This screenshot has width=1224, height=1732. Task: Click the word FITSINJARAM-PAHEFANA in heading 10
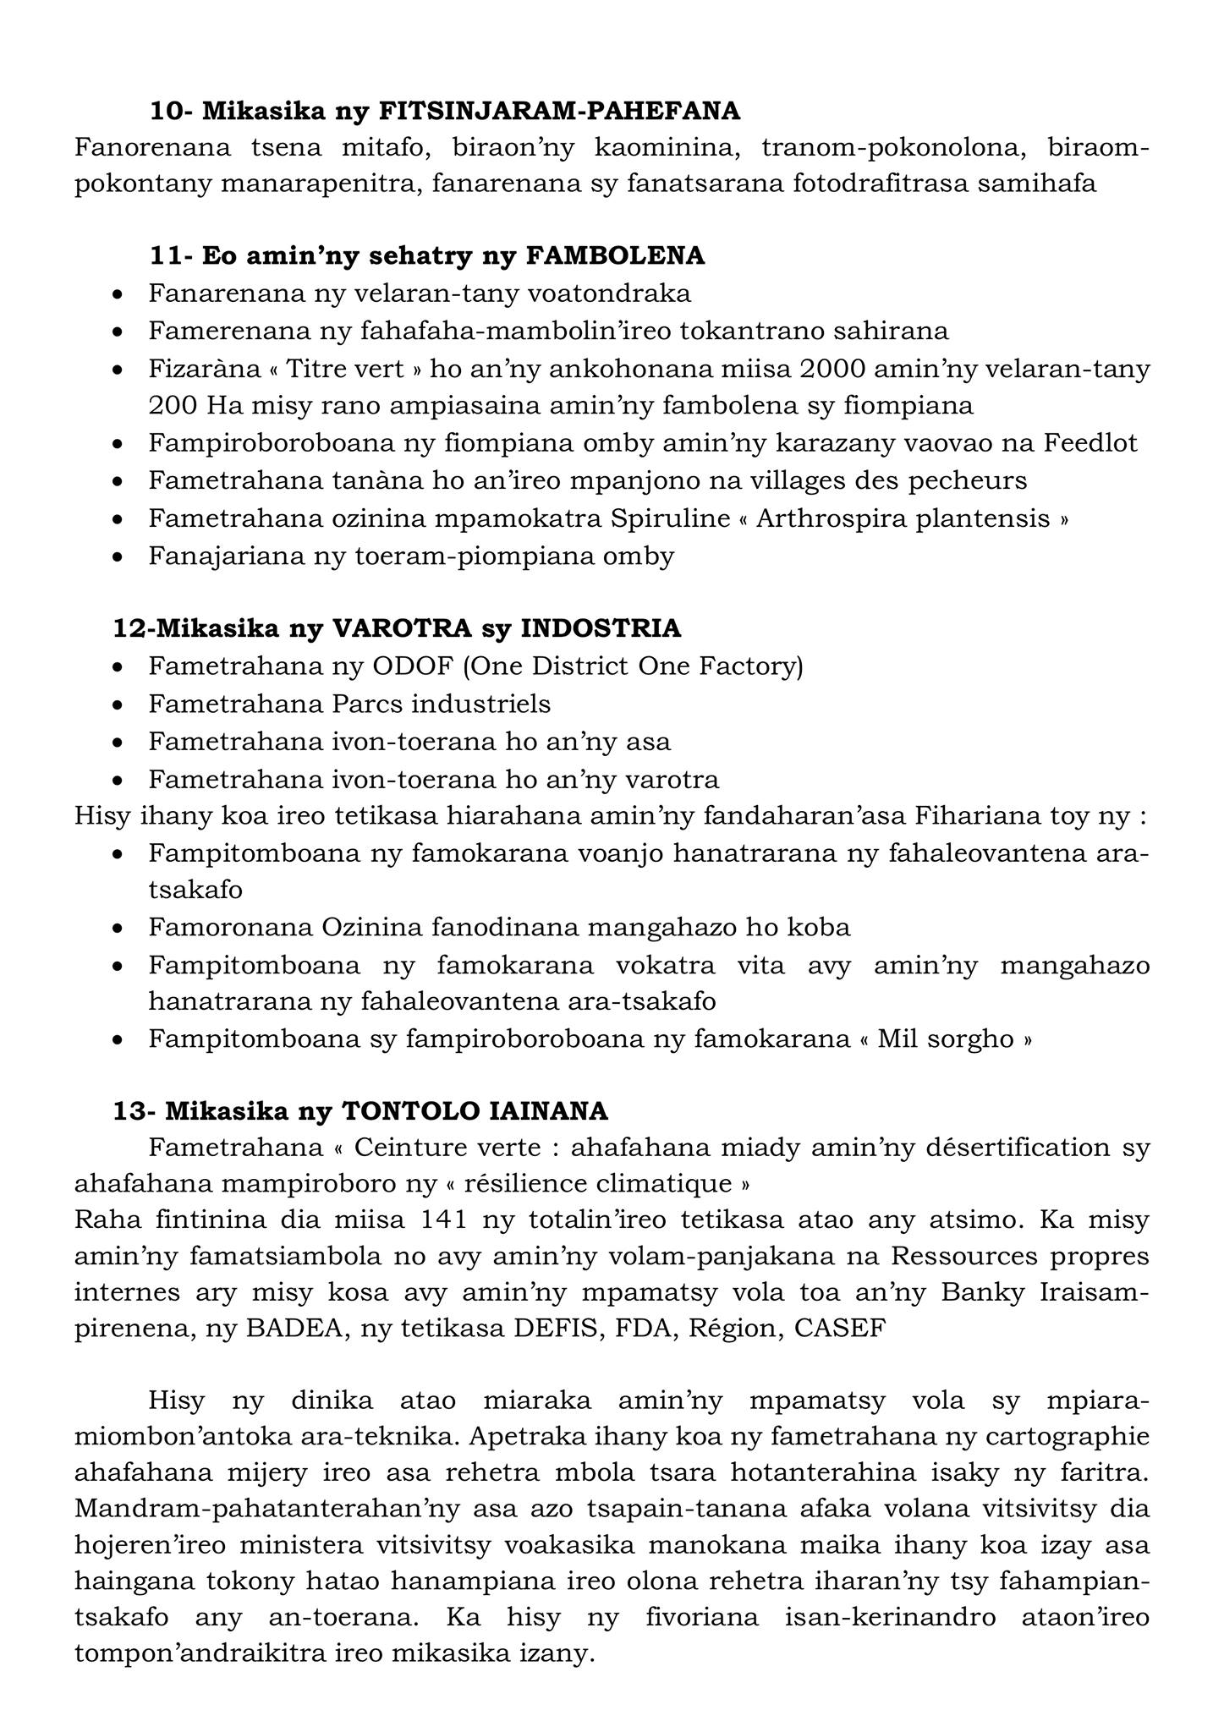(x=559, y=111)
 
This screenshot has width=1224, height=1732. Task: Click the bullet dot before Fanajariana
(x=119, y=557)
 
